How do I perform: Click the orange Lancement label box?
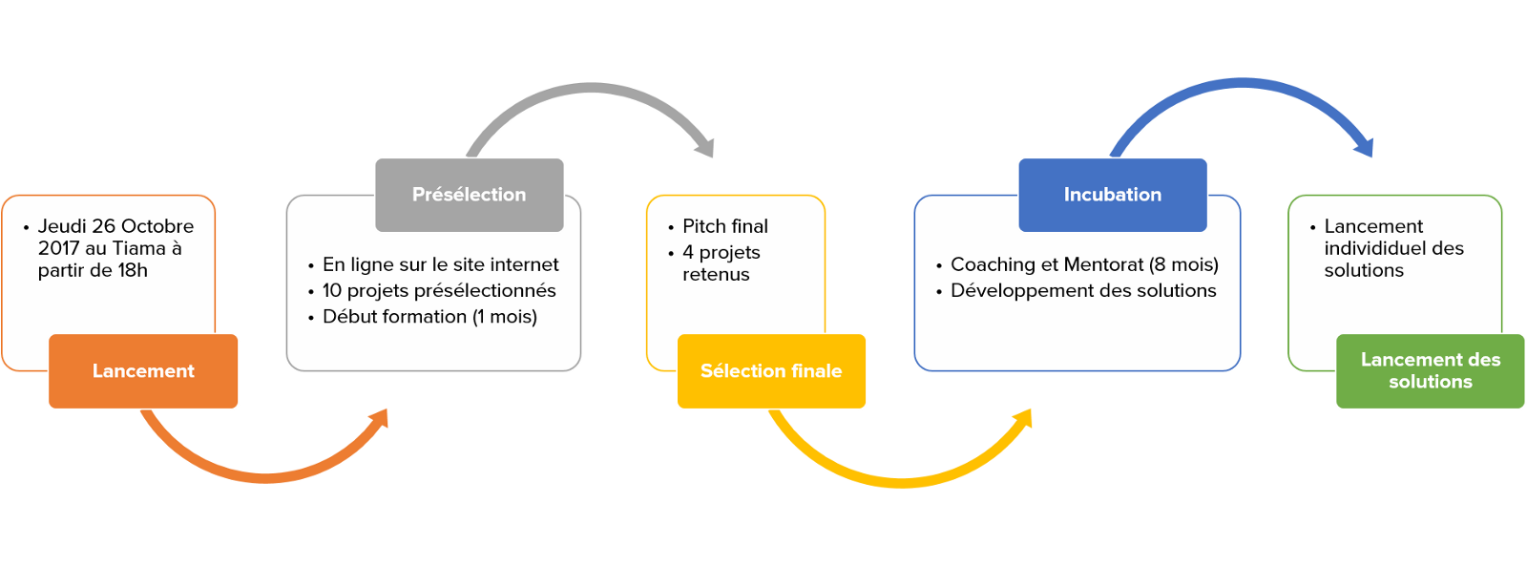pyautogui.click(x=143, y=371)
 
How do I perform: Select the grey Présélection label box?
pyautogui.click(x=469, y=195)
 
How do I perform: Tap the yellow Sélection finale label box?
pyautogui.click(x=771, y=371)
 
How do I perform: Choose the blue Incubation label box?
pyautogui.click(x=1113, y=195)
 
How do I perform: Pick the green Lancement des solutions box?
pyautogui.click(x=1430, y=371)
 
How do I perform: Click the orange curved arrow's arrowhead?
pyautogui.click(x=380, y=418)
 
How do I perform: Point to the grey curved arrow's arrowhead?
pyautogui.click(x=705, y=148)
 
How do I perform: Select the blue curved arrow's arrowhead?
pyautogui.click(x=1365, y=147)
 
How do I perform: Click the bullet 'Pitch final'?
pyautogui.click(x=724, y=226)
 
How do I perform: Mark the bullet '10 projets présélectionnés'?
pyautogui.click(x=439, y=290)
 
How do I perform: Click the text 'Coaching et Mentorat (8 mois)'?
pyautogui.click(x=1084, y=264)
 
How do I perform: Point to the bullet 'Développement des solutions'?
pyautogui.click(x=1083, y=290)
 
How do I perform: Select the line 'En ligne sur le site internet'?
pyautogui.click(x=440, y=264)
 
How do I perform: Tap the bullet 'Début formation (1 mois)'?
pyautogui.click(x=429, y=316)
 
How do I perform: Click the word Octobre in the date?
pyautogui.click(x=157, y=226)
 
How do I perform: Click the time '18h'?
pyautogui.click(x=133, y=270)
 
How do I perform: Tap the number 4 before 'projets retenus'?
pyautogui.click(x=688, y=252)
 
